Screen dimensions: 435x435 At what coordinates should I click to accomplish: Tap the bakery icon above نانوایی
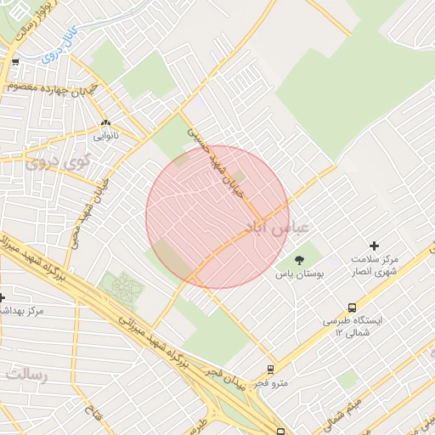coord(106,122)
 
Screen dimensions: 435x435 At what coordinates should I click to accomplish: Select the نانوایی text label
coord(106,134)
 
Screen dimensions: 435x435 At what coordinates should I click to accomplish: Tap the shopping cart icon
coord(14,62)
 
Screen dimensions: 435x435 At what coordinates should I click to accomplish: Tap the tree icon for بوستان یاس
coord(298,260)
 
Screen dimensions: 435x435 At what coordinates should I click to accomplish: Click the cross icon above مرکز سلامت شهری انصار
coord(373,246)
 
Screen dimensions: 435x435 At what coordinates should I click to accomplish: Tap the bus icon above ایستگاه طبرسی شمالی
coord(352,308)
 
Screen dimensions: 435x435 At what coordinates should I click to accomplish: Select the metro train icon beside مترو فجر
coord(270,370)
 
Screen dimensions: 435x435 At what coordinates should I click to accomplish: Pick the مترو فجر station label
coord(273,383)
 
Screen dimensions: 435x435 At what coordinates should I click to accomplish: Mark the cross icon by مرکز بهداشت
coord(3,297)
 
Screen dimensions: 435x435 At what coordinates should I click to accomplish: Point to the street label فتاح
coord(89,417)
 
